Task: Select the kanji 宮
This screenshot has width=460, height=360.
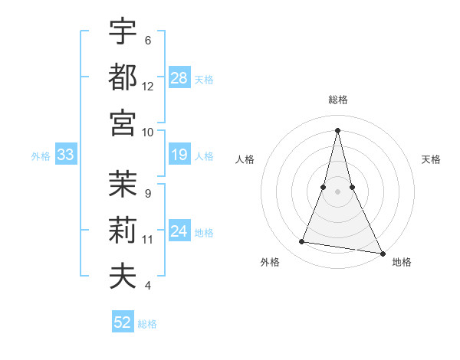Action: point(123,123)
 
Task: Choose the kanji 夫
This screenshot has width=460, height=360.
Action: point(123,276)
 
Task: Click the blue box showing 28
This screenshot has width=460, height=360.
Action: point(179,78)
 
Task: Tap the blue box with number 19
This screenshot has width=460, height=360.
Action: point(179,155)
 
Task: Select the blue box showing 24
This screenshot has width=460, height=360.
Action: point(179,232)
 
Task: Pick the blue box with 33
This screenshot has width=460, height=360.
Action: point(65,155)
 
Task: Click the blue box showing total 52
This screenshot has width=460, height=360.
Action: point(123,322)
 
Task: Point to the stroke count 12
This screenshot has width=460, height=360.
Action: point(148,86)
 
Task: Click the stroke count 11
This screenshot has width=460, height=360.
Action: point(148,239)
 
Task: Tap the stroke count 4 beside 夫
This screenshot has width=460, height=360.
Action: point(147,286)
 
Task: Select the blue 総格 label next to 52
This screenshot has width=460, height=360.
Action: point(147,324)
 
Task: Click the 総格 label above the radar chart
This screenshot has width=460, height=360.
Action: point(337,100)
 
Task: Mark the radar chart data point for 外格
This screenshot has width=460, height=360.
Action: point(302,242)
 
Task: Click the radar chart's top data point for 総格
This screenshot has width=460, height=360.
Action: point(337,129)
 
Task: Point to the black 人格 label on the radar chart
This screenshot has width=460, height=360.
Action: point(245,159)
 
